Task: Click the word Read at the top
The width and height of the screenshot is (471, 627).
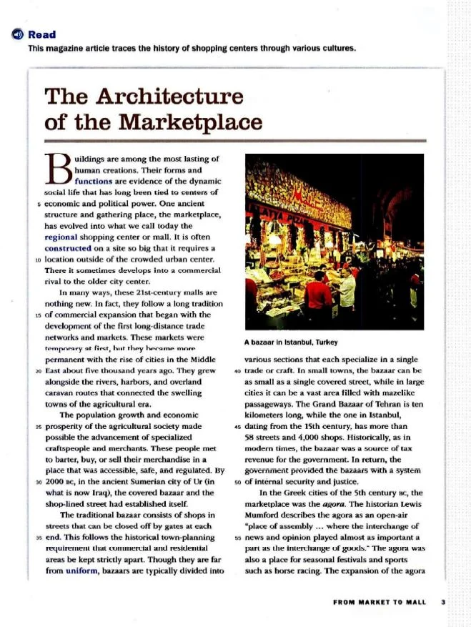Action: tap(42, 34)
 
